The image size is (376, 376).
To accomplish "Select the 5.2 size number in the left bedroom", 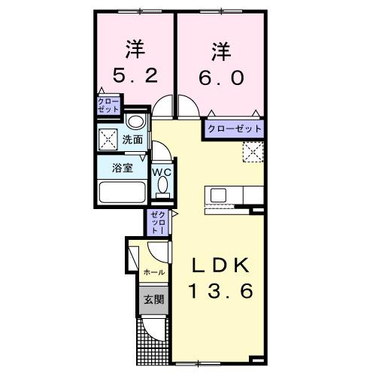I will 135,77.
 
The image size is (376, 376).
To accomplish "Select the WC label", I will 162,171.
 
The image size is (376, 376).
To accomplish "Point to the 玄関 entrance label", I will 154,299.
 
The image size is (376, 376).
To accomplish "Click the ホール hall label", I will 153,272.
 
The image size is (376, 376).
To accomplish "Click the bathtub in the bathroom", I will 123,194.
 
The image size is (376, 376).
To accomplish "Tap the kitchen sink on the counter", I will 219,196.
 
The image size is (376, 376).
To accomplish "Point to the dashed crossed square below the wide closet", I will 254,152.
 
